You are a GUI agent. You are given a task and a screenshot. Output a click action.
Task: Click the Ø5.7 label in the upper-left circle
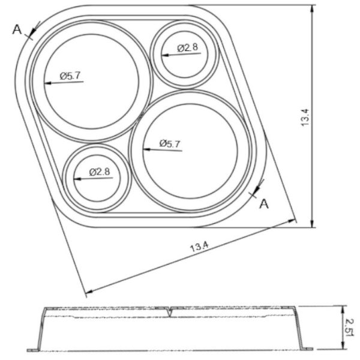point(71,76)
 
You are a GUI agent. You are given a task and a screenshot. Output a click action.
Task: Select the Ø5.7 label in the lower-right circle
point(170,143)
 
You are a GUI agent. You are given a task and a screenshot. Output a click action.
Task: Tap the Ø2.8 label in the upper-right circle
point(188,48)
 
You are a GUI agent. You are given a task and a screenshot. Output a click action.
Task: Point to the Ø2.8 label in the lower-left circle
point(100,172)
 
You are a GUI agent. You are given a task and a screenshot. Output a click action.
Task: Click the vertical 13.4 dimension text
point(305,116)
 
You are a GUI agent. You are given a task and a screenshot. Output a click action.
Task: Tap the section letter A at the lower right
point(263,204)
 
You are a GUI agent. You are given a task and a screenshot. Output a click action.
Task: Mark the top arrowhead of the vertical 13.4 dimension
point(313,8)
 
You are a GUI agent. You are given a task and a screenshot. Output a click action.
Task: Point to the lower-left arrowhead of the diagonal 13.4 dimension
point(88,292)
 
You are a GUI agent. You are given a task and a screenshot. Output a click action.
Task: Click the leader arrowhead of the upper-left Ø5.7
point(45,83)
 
